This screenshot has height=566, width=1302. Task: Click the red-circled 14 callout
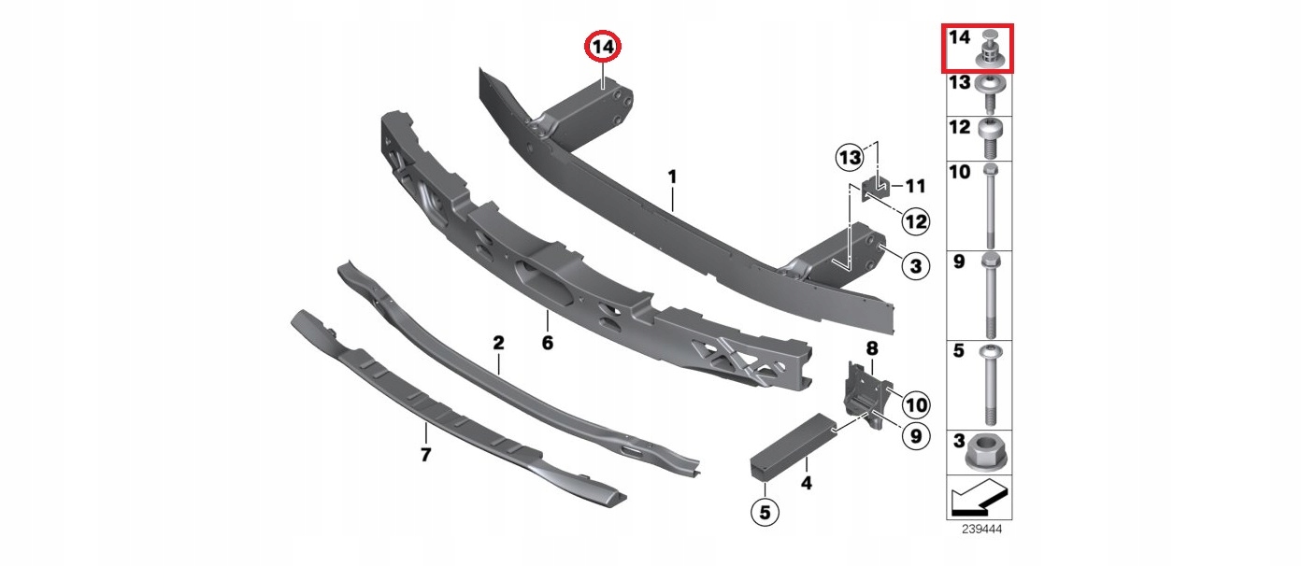[603, 47]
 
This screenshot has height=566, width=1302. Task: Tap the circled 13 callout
[850, 158]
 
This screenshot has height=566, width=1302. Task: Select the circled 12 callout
[915, 221]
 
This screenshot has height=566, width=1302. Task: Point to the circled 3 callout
[915, 266]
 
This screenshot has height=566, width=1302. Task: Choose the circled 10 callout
[916, 404]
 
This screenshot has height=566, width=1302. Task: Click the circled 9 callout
[915, 436]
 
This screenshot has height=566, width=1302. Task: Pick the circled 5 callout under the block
[765, 513]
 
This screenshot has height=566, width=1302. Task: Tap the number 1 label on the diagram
[673, 177]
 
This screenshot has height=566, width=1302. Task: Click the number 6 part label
[548, 343]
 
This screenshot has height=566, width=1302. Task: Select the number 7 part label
[426, 455]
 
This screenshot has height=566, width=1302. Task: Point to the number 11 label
[915, 186]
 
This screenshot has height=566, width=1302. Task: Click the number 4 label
[807, 482]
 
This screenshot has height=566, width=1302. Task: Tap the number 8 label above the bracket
[872, 348]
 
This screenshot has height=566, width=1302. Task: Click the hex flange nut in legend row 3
[986, 453]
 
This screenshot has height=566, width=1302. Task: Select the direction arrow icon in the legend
[979, 497]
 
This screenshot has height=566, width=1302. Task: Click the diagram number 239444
[981, 530]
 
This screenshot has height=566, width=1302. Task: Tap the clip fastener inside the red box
[990, 49]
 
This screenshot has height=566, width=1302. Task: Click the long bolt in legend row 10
[991, 206]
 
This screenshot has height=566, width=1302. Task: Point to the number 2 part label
[498, 343]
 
